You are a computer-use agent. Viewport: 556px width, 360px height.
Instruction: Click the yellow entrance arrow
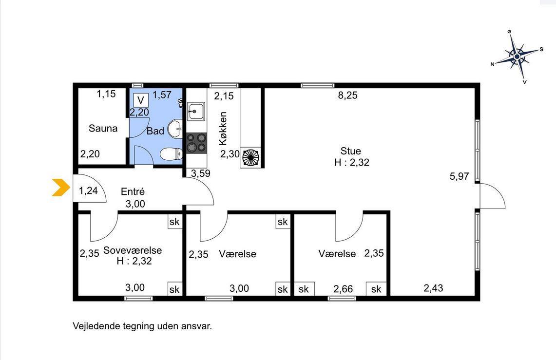tap(60, 188)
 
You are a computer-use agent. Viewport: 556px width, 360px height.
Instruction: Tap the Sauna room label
tap(103, 128)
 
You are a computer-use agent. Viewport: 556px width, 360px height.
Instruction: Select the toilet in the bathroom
tap(171, 154)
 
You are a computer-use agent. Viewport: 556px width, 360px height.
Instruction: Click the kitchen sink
tap(196, 111)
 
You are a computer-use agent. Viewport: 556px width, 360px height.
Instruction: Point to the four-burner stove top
tap(196, 142)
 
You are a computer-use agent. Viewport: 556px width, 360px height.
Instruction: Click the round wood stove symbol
tap(250, 157)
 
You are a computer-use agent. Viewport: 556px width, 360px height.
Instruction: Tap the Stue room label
tap(351, 151)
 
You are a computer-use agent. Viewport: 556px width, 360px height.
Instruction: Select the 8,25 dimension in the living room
tap(347, 95)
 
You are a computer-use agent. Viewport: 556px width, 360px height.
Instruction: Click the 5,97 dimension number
tap(459, 176)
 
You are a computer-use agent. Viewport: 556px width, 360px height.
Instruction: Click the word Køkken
tap(223, 128)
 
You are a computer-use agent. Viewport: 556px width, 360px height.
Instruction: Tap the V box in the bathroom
tap(141, 100)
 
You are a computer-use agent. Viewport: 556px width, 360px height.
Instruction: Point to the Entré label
tap(133, 192)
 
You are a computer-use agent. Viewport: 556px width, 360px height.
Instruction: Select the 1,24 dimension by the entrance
tap(88, 190)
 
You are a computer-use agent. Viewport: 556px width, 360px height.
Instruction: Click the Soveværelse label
tap(133, 250)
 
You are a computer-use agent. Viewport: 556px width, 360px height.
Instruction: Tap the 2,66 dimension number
tap(343, 289)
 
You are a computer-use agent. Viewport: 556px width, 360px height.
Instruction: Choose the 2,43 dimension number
tap(433, 288)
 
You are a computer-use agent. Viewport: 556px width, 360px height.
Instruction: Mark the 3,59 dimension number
tap(201, 173)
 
